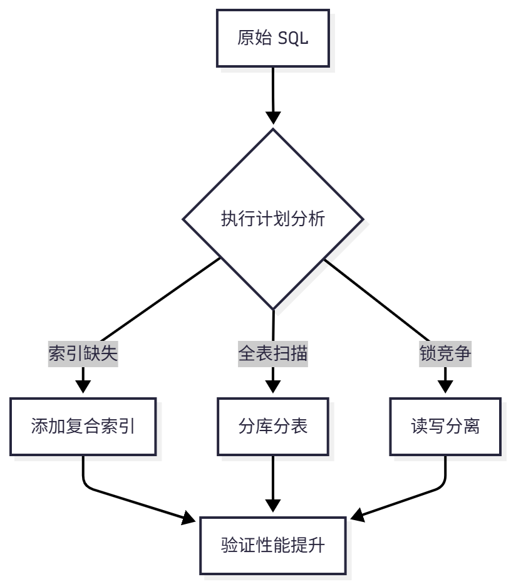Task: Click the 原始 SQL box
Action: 272,38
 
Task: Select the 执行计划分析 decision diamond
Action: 272,219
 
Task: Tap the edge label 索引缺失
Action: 83,354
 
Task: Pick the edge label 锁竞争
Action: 445,354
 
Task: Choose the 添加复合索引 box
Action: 83,426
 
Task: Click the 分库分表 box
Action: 272,426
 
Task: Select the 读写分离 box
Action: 445,426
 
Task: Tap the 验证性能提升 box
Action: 272,545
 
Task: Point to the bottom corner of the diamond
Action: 273,308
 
